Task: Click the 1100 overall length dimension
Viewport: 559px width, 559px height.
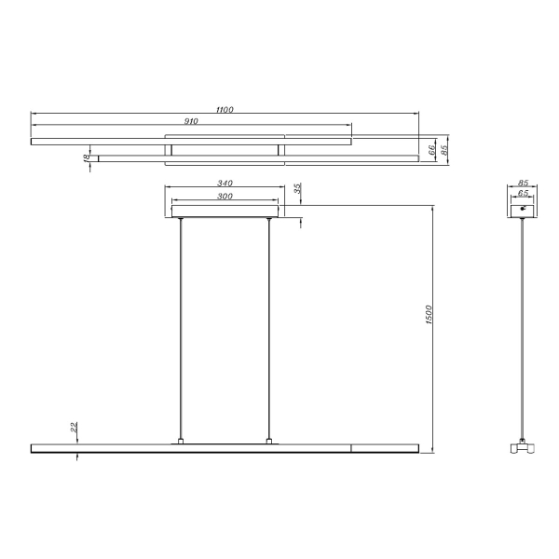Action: (225, 110)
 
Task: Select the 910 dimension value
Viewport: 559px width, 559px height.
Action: (191, 121)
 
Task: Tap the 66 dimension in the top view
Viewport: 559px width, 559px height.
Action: (432, 149)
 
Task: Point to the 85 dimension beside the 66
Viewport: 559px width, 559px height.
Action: (445, 149)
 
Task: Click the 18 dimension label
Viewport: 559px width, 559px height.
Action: (87, 158)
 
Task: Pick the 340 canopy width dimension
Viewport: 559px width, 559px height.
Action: (224, 184)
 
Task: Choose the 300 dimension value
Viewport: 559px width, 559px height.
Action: (224, 196)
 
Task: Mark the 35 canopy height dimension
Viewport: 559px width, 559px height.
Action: (298, 189)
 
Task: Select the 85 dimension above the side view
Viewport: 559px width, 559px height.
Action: (523, 184)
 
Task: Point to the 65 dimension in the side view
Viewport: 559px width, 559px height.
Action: (523, 194)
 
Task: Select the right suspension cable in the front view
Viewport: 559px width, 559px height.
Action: (269, 326)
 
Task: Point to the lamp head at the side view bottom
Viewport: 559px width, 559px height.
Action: (523, 448)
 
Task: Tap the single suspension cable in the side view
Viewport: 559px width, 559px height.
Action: (523, 326)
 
